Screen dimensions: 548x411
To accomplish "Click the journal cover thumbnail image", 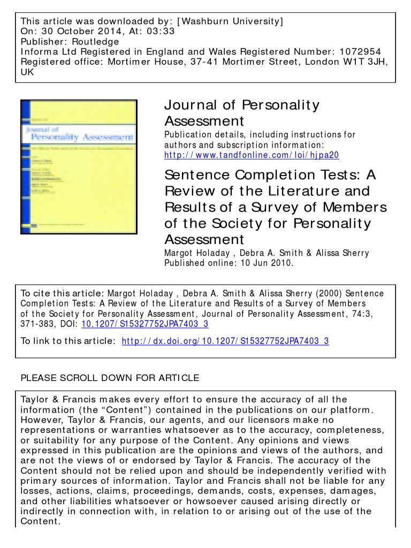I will click(79, 166).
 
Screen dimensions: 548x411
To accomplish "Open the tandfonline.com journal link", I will click(252, 155).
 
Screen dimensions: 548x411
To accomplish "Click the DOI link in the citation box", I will click(144, 324).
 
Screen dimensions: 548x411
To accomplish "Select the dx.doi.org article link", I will click(225, 341).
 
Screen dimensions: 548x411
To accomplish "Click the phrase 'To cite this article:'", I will click(62, 293).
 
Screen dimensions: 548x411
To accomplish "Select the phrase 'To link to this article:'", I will click(67, 341).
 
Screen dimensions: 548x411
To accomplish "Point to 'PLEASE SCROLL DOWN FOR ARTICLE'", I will click(110, 378).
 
